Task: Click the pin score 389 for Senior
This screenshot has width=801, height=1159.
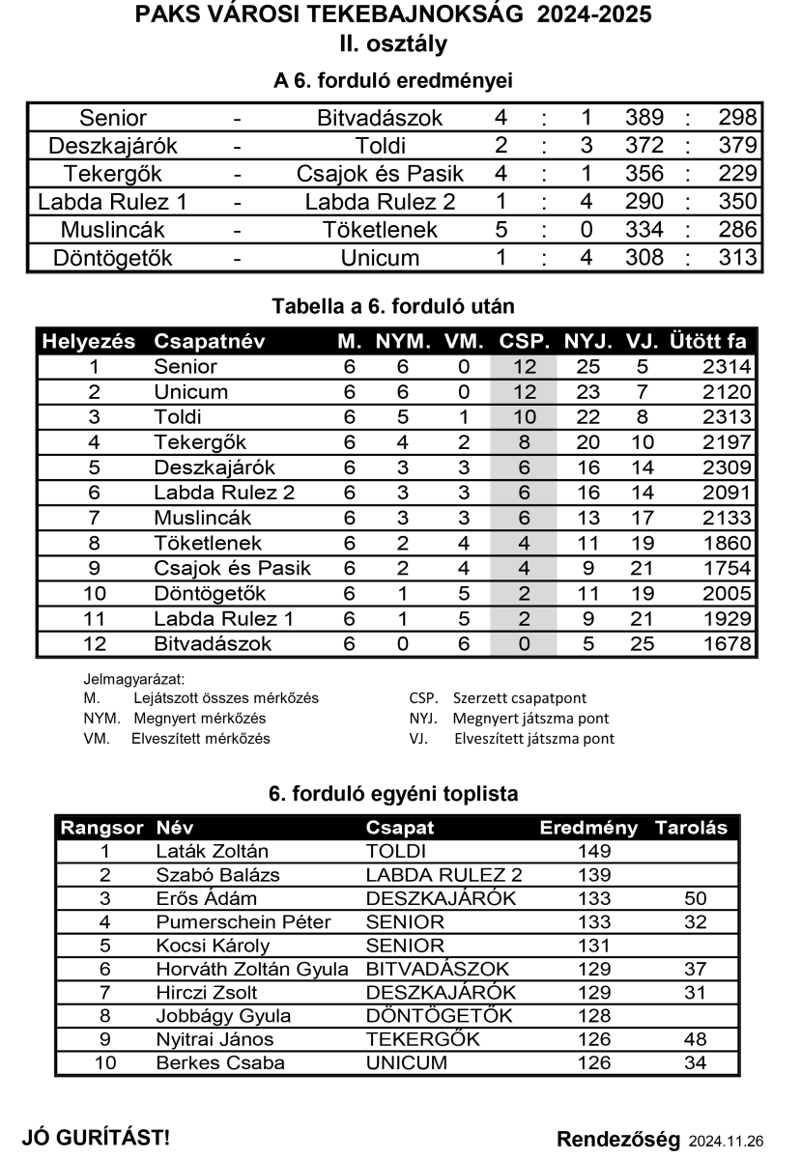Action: [644, 118]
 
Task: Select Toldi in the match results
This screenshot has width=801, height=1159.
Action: [380, 146]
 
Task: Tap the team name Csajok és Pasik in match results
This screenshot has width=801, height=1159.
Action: [380, 174]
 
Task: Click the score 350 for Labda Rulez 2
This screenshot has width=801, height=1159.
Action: [737, 202]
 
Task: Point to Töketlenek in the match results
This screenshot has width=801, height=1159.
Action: [380, 230]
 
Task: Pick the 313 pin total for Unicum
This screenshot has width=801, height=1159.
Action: [737, 258]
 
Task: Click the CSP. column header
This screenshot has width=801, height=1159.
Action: [525, 342]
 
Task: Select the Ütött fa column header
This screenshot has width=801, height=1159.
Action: [707, 342]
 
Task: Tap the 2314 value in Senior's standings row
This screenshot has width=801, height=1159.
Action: [727, 367]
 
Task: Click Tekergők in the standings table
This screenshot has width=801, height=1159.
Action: [200, 442]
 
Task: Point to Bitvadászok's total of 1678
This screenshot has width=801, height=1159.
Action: [727, 643]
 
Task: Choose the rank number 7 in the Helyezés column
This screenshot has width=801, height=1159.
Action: [94, 518]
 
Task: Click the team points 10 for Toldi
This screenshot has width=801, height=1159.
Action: [524, 417]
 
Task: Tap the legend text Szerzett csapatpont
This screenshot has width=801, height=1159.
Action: [519, 697]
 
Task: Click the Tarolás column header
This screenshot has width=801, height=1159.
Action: [691, 828]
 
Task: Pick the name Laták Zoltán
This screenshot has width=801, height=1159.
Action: [212, 851]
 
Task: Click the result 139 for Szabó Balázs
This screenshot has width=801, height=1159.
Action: [593, 875]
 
